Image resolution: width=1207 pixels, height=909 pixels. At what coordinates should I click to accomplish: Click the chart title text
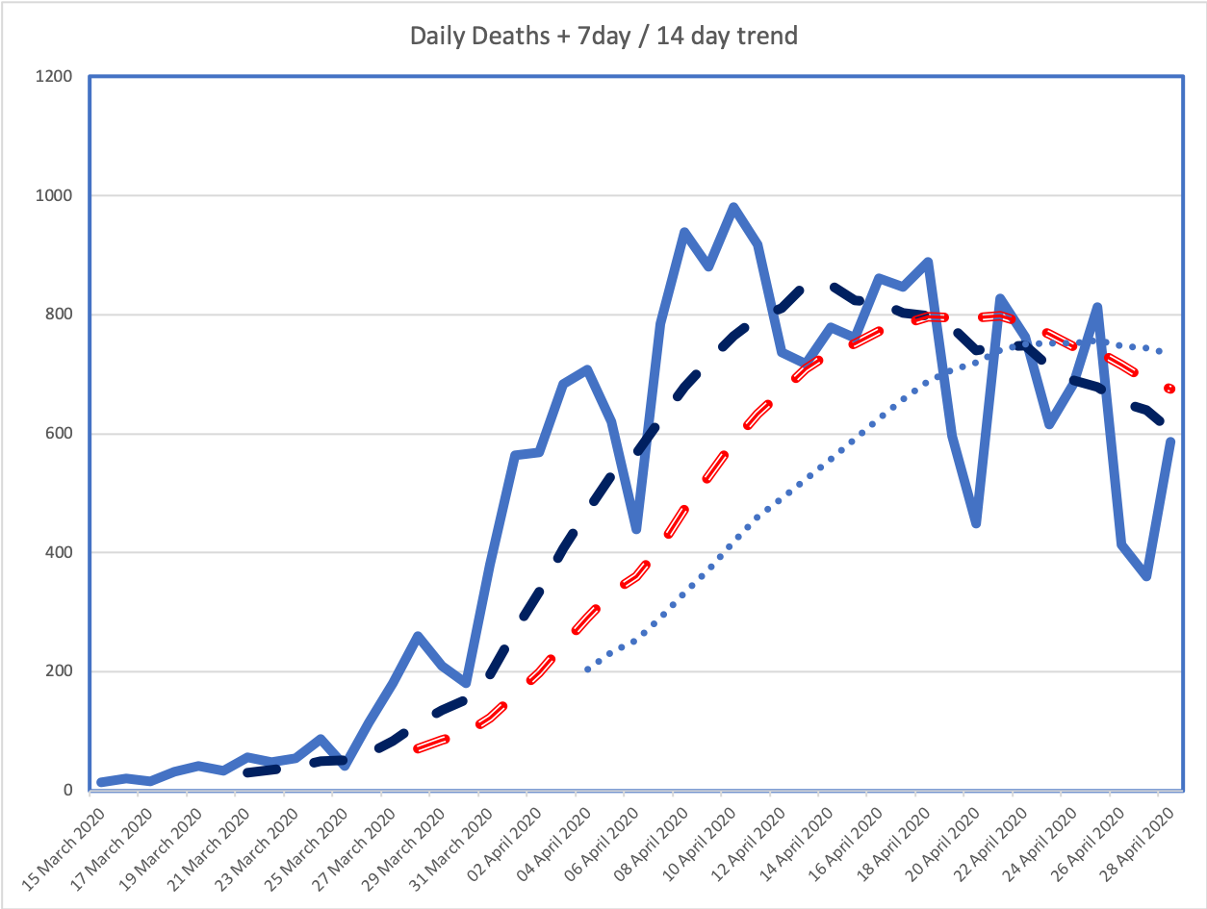(603, 37)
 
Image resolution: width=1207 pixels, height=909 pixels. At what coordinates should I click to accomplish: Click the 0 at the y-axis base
(68, 791)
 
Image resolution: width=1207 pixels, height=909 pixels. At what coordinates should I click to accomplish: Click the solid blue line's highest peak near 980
(733, 207)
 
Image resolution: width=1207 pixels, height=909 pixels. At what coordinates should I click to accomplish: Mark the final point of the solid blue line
(1171, 442)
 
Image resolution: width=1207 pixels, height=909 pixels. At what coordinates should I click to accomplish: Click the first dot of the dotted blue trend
(587, 669)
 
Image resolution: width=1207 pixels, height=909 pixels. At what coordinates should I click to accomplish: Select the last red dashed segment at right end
(1169, 389)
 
